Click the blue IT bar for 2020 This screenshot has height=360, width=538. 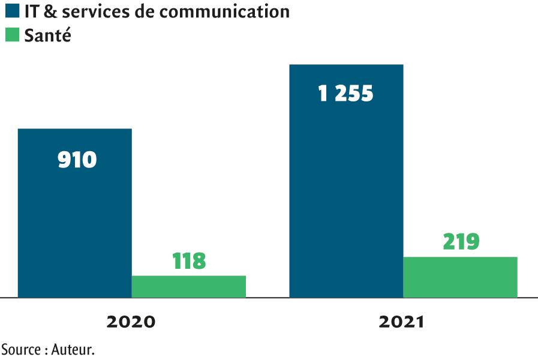pyautogui.click(x=74, y=228)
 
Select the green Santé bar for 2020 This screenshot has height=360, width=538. pyautogui.click(x=188, y=286)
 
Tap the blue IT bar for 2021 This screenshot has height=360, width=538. pyautogui.click(x=346, y=198)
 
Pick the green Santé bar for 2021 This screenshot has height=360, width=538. pyautogui.click(x=460, y=277)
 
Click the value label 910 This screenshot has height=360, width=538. pyautogui.click(x=77, y=160)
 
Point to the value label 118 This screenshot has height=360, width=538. pyautogui.click(x=189, y=261)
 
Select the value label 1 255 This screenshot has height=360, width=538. pyautogui.click(x=346, y=94)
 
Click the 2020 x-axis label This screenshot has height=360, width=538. pyautogui.click(x=131, y=322)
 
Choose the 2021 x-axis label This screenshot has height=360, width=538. pyautogui.click(x=401, y=322)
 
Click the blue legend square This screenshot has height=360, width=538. pyautogui.click(x=13, y=11)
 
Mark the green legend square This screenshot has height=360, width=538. pyautogui.click(x=13, y=35)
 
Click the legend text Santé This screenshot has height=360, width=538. pyautogui.click(x=48, y=35)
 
